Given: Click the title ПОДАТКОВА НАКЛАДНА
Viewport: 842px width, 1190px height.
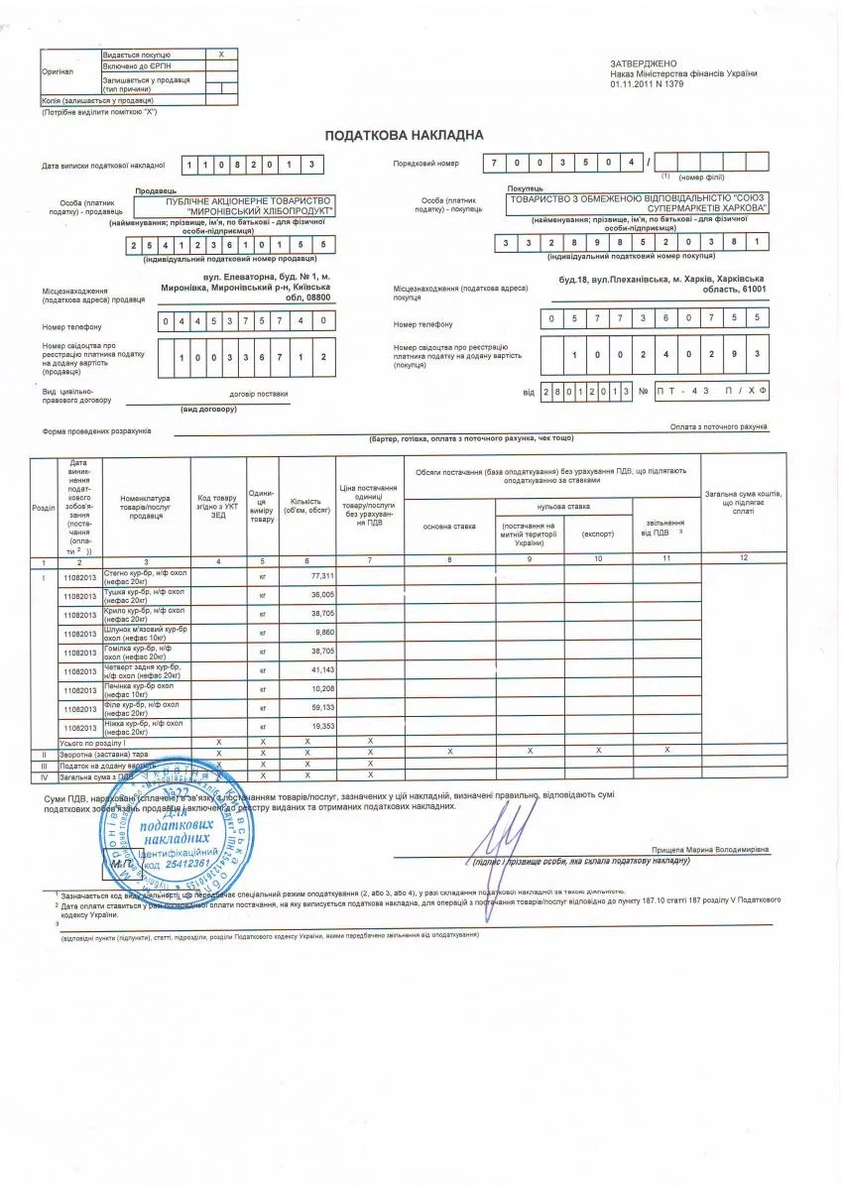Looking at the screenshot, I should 404,135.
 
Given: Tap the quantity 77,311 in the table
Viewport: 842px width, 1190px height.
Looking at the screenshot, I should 322,575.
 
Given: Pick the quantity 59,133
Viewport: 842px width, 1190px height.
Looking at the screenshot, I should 322,707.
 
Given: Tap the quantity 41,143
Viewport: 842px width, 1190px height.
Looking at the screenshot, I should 322,670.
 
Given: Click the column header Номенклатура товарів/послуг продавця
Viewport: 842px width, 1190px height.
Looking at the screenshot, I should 145,507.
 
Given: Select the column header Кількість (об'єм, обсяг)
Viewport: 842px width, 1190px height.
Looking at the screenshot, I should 306,507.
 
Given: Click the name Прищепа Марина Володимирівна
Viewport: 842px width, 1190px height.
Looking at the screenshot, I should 709,850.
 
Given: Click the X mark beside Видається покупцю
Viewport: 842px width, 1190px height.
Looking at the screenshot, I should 221,54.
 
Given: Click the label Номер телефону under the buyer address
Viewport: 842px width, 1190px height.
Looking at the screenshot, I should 422,324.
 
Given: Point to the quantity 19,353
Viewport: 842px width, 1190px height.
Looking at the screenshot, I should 322,726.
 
